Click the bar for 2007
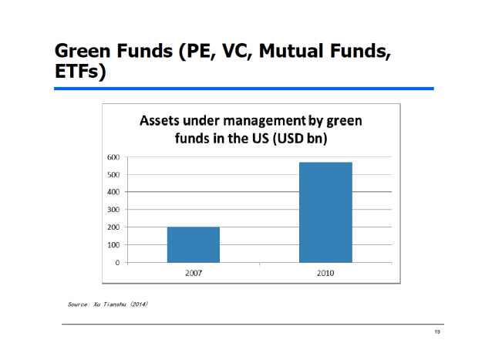click(x=194, y=244)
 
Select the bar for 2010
click(x=325, y=212)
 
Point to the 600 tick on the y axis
click(x=113, y=157)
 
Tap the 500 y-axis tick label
click(x=113, y=175)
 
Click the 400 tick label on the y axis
click(x=113, y=192)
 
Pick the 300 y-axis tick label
click(x=113, y=210)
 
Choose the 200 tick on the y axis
click(x=113, y=227)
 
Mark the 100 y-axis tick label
click(x=113, y=245)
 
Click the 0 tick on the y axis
click(x=117, y=262)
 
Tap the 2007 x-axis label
click(x=194, y=273)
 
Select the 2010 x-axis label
click(x=325, y=273)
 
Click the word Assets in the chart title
click(x=160, y=121)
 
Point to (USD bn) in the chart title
click(x=300, y=138)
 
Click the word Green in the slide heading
click(x=83, y=50)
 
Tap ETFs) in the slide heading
click(x=80, y=72)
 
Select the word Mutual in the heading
click(x=291, y=50)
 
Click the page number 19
click(x=437, y=331)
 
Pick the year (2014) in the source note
click(x=139, y=304)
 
